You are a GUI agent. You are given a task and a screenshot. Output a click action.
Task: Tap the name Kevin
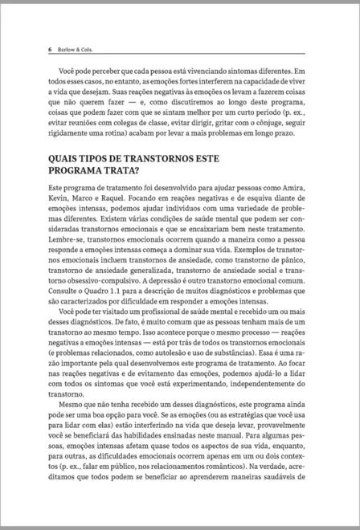(x=60, y=221)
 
